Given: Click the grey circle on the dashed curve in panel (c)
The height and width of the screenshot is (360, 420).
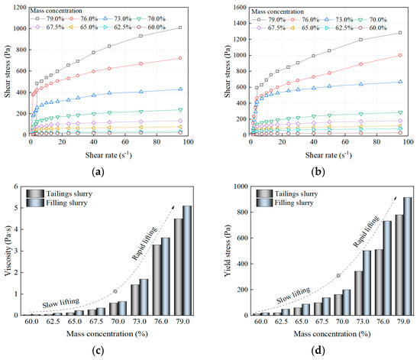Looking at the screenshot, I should [x=115, y=291].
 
